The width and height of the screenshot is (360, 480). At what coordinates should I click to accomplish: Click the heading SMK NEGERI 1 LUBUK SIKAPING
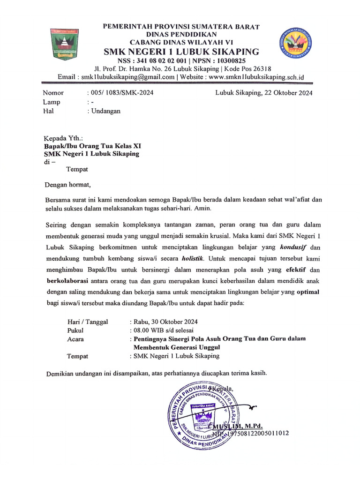pyautogui.click(x=181, y=52)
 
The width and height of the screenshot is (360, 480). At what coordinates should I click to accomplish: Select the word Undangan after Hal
pyautogui.click(x=106, y=111)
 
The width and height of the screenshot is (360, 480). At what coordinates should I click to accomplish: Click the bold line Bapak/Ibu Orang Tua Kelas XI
pyautogui.click(x=92, y=146)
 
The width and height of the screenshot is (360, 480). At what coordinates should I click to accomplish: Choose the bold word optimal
pyautogui.click(x=306, y=291)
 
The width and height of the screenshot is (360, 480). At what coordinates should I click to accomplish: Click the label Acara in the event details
pyautogui.click(x=76, y=338)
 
